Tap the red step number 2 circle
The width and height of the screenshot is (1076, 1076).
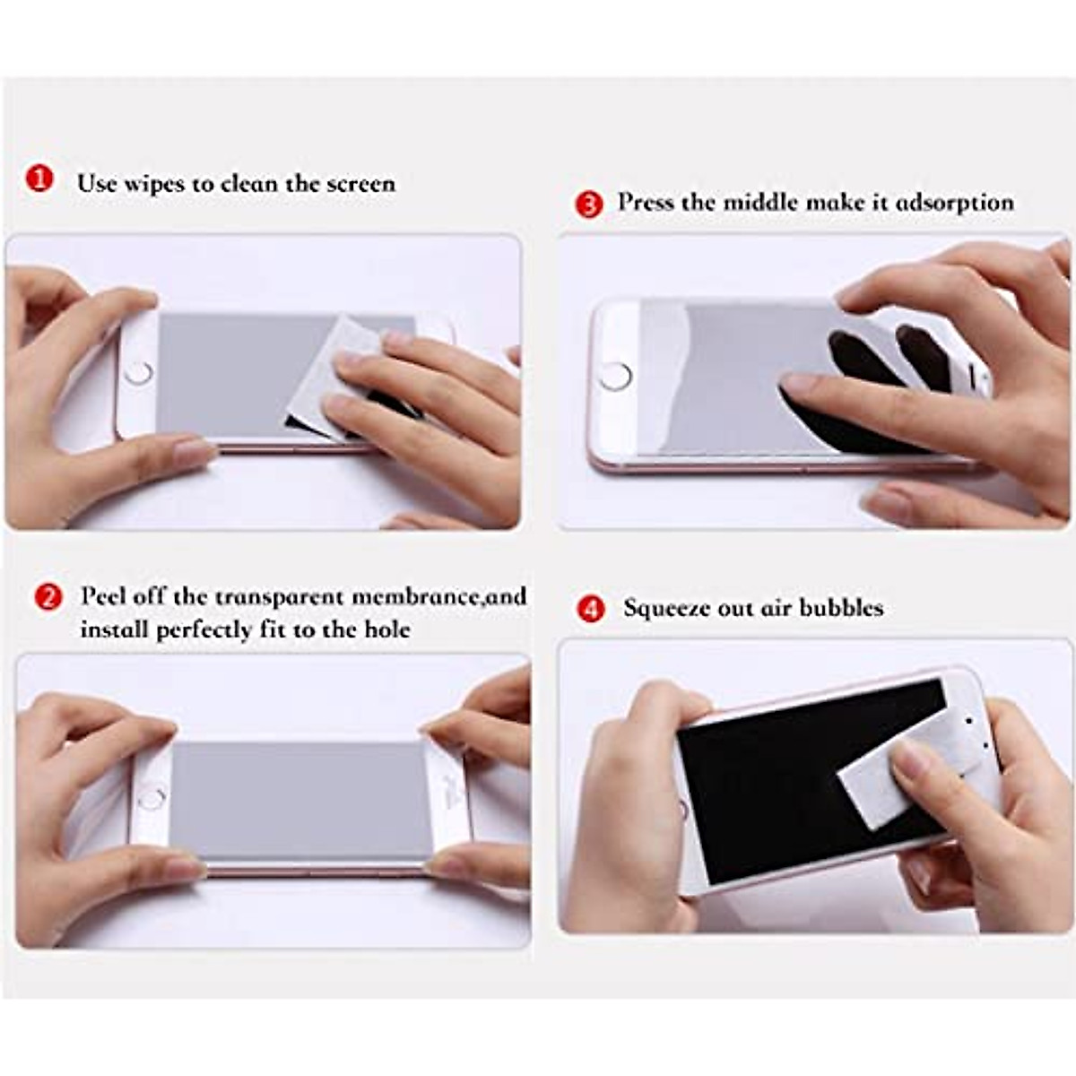48,597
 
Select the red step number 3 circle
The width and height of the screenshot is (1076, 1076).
588,205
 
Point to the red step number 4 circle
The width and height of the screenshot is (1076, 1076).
589,609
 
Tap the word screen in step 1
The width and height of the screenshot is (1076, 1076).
360,184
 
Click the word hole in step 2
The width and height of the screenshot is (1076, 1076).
386,629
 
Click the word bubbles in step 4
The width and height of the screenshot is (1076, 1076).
841,608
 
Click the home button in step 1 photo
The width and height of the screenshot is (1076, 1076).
138,373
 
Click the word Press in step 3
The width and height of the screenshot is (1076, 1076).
645,203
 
